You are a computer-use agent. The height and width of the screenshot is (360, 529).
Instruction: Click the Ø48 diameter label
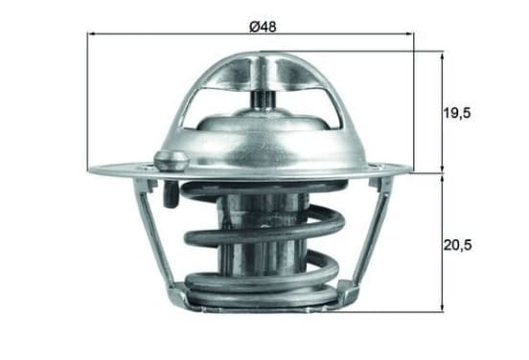(263, 27)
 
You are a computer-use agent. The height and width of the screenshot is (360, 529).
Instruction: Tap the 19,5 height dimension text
(457, 113)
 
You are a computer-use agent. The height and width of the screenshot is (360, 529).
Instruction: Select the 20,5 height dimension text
(457, 245)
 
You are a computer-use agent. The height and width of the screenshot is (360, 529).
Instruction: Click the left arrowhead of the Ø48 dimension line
(90, 34)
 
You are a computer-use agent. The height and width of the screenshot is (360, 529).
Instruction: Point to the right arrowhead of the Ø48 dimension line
(410, 34)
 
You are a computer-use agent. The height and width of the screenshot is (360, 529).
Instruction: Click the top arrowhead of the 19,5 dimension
(443, 55)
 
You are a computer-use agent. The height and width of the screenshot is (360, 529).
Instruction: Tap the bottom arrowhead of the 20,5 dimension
(443, 307)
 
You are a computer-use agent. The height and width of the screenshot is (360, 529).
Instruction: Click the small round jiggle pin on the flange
(172, 160)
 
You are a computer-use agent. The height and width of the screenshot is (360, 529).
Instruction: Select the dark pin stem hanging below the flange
(171, 194)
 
